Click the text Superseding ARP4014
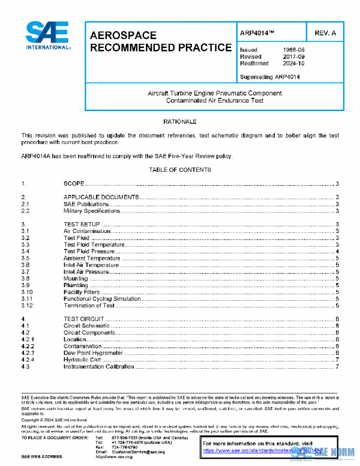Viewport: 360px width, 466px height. click(269, 76)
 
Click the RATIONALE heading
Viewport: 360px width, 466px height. click(180, 122)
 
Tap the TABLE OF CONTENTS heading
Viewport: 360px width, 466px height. click(180, 169)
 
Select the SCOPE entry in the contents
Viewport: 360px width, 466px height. click(74, 183)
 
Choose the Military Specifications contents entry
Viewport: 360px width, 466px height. click(92, 211)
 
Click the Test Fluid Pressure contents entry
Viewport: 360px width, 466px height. click(90, 252)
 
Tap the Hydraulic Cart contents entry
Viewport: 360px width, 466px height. click(82, 359)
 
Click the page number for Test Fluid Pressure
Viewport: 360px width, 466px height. click(338, 252)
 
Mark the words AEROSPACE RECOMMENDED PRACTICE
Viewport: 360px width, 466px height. click(160, 41)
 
